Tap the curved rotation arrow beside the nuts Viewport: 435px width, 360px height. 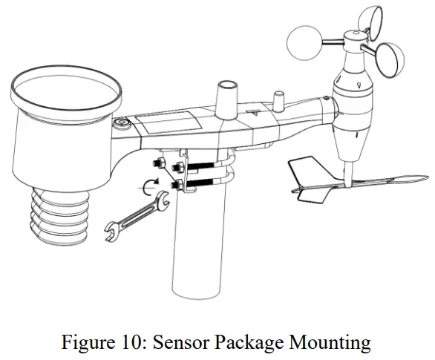151,186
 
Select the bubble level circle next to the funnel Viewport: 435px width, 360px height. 121,122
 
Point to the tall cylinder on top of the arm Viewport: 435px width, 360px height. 225,97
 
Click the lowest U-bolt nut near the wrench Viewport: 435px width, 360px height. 178,183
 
